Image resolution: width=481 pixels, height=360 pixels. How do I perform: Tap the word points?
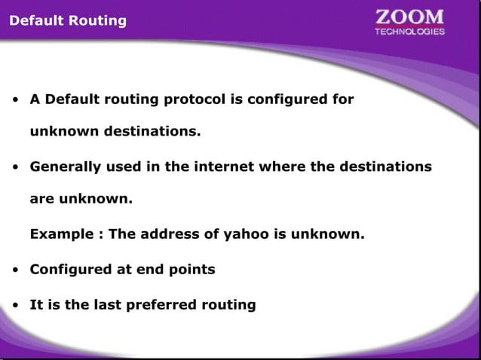pyautogui.click(x=194, y=269)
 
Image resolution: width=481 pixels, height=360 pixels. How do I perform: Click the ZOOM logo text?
pyautogui.click(x=410, y=17)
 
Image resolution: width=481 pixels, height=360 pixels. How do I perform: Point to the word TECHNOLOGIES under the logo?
pyautogui.click(x=410, y=32)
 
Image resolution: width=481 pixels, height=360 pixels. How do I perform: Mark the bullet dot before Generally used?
pyautogui.click(x=15, y=167)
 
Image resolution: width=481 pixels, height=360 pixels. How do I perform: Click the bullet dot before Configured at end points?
pyautogui.click(x=15, y=270)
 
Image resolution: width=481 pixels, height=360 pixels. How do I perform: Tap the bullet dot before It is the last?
pyautogui.click(x=15, y=306)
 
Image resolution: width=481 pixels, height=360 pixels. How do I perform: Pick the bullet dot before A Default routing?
pyautogui.click(x=15, y=100)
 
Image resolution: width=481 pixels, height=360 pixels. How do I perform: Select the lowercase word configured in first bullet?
pyautogui.click(x=292, y=99)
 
